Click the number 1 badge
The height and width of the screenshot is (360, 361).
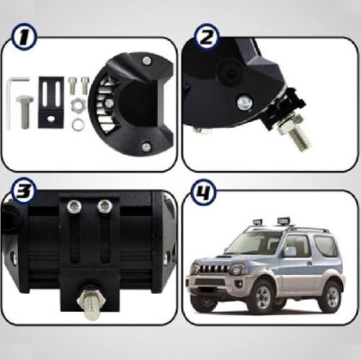click(x=24, y=37)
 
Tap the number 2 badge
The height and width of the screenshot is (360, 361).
click(x=206, y=38)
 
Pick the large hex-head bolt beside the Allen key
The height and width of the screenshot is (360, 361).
click(x=28, y=109)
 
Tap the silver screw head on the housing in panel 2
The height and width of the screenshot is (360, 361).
click(x=244, y=103)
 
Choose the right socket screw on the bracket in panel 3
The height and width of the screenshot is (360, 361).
click(x=105, y=206)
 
